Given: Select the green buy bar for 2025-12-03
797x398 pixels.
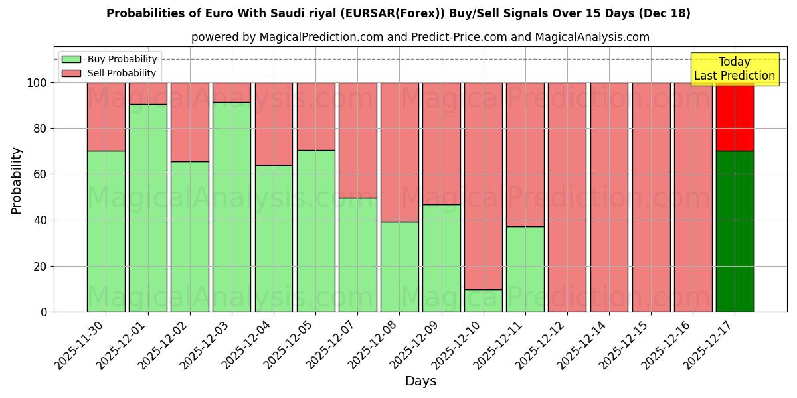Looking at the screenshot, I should click(x=232, y=207).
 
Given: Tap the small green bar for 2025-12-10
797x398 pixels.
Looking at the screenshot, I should click(x=484, y=300).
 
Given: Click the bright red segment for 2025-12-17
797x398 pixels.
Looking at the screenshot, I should click(x=735, y=117).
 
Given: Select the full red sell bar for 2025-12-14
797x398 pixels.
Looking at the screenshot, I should click(x=609, y=197).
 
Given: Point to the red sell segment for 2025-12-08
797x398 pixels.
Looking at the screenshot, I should click(x=399, y=152).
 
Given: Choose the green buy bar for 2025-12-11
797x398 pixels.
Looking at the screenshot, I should click(x=525, y=269).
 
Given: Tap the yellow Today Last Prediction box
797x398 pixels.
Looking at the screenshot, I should click(x=735, y=69).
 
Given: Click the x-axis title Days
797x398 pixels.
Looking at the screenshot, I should click(x=420, y=381).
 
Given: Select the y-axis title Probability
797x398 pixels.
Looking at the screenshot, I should click(x=17, y=180).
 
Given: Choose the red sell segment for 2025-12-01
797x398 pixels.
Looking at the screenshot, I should click(x=147, y=93).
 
